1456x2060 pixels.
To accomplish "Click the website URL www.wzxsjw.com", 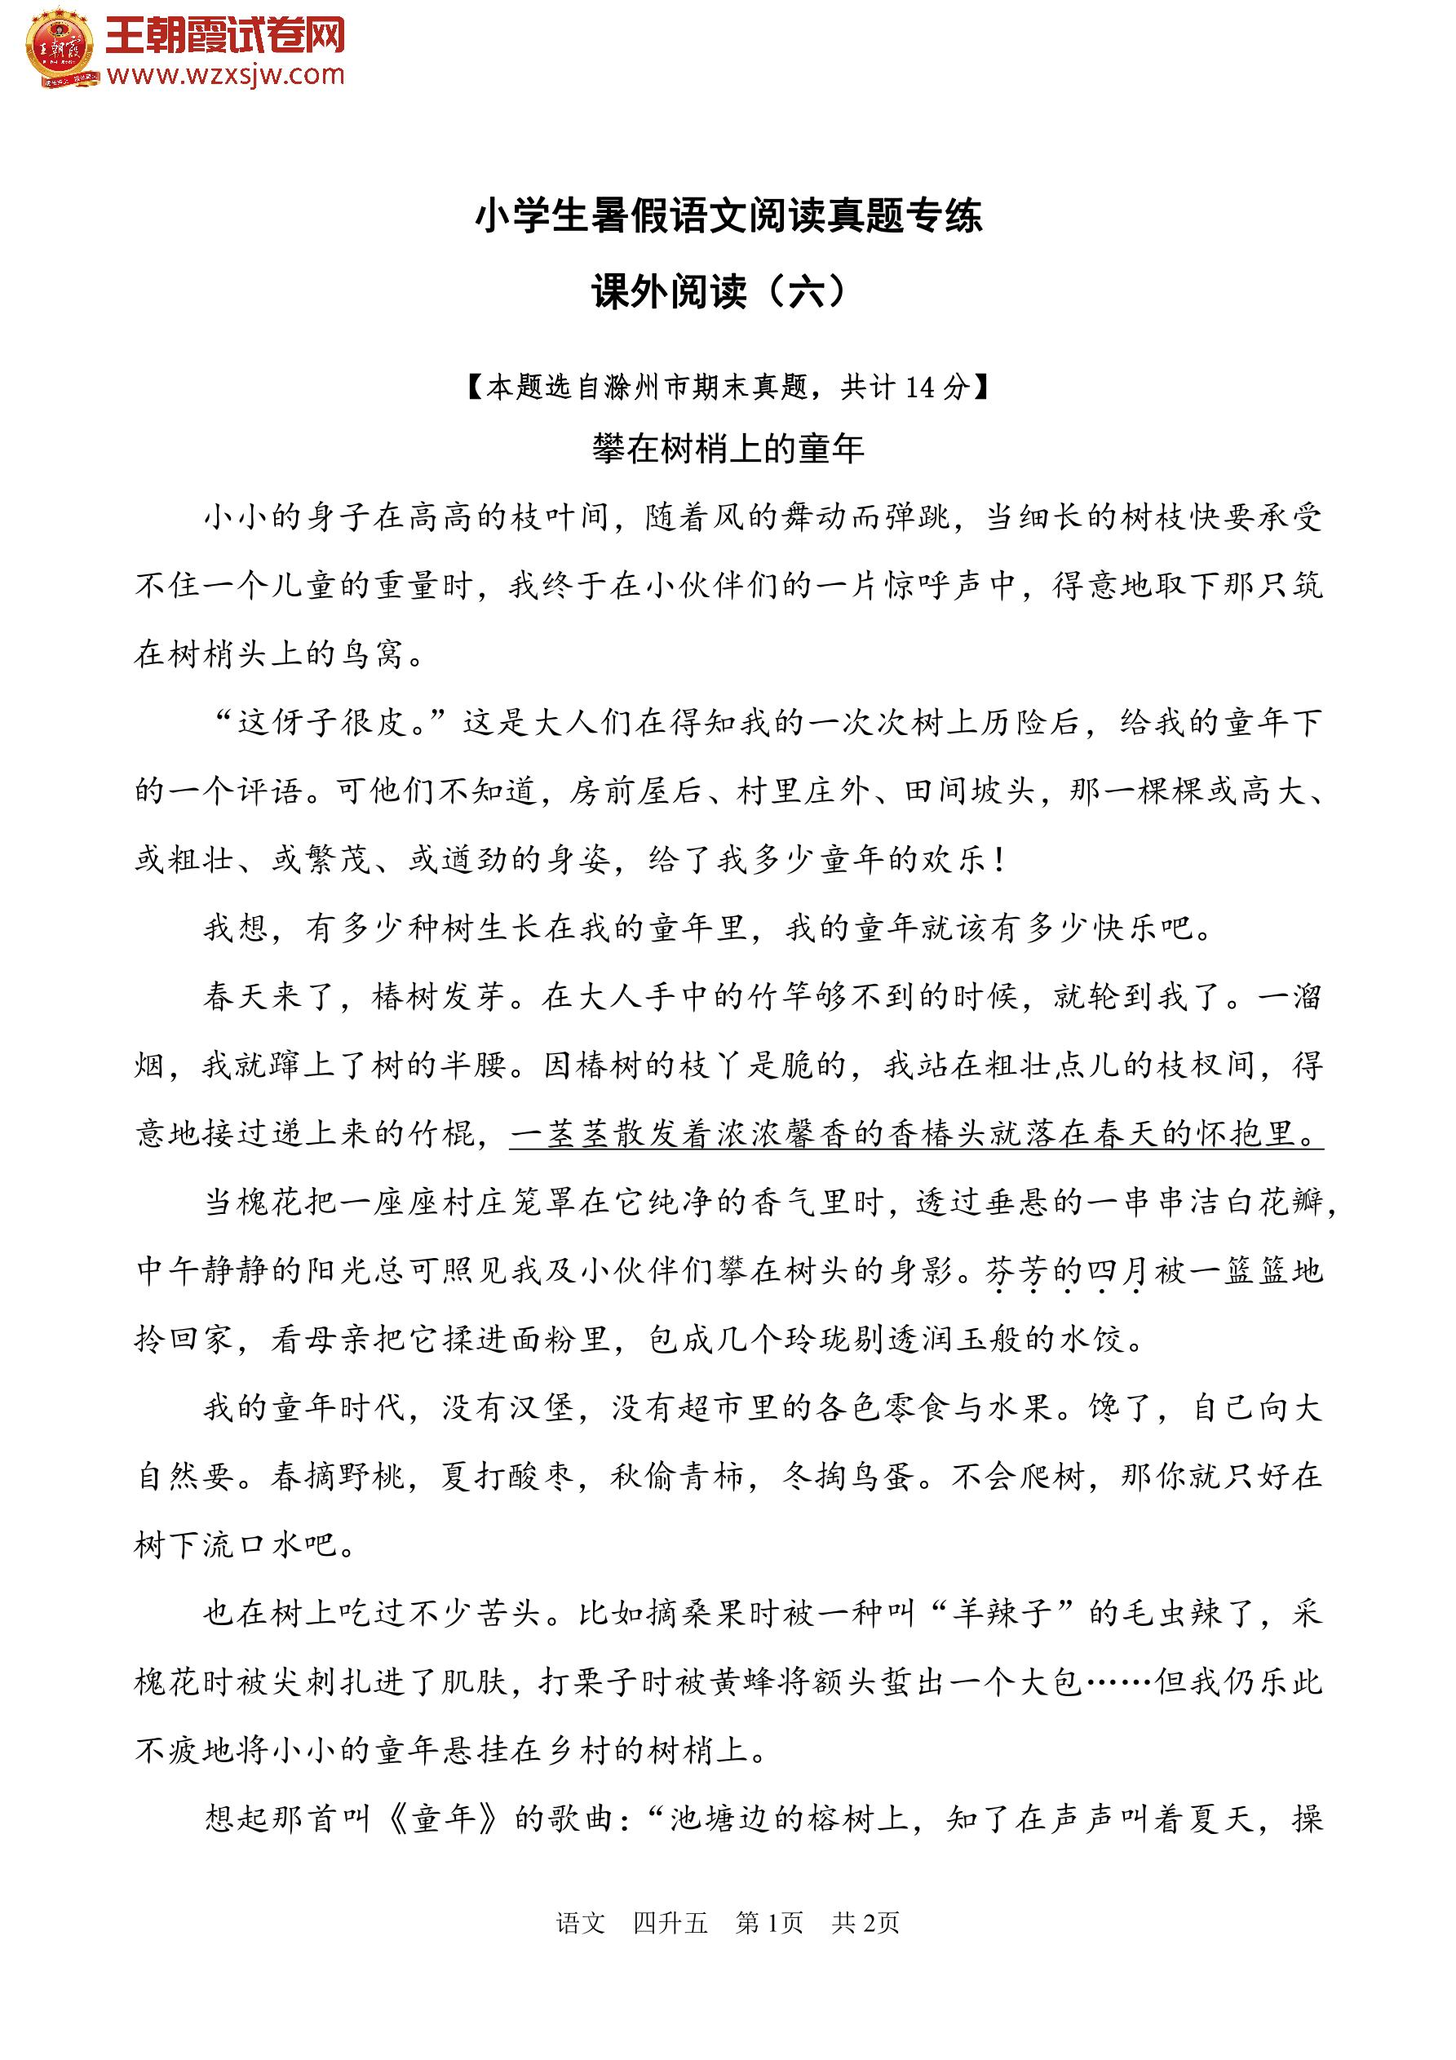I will (x=225, y=75).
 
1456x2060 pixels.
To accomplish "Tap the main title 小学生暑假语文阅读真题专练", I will (x=728, y=215).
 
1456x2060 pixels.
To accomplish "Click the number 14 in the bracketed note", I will (x=919, y=388).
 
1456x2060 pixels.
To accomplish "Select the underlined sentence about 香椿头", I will (x=915, y=1135).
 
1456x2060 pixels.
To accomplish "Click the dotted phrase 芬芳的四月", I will (x=1064, y=1271).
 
